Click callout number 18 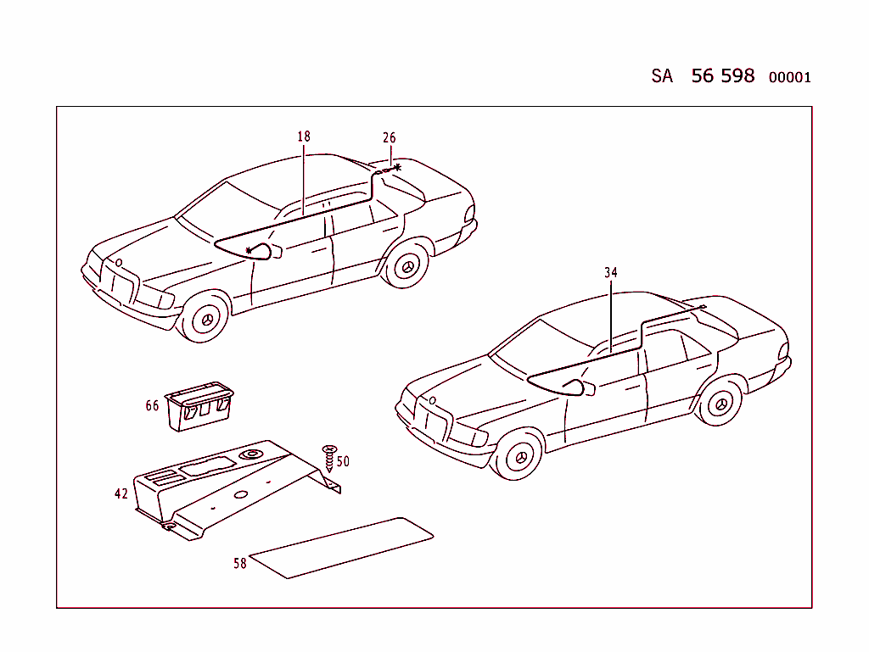pyautogui.click(x=304, y=137)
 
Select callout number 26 pyautogui.click(x=389, y=138)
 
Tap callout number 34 pyautogui.click(x=611, y=273)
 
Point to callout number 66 pyautogui.click(x=152, y=406)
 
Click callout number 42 pyautogui.click(x=121, y=493)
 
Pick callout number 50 pyautogui.click(x=343, y=462)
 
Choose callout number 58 pyautogui.click(x=240, y=563)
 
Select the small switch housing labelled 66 pyautogui.click(x=199, y=406)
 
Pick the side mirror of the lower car pyautogui.click(x=579, y=387)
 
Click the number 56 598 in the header pyautogui.click(x=722, y=75)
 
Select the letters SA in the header pyautogui.click(x=662, y=76)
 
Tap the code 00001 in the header pyautogui.click(x=789, y=78)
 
